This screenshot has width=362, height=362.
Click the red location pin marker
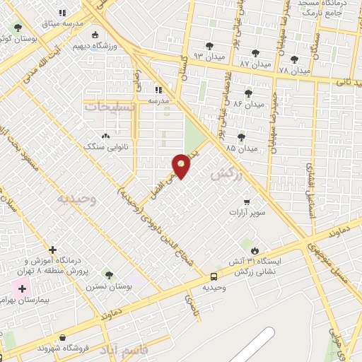click(x=182, y=166)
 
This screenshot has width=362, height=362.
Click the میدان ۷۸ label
click(x=294, y=71)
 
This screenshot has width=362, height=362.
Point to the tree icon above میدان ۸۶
click(x=248, y=92)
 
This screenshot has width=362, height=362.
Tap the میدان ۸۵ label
click(x=240, y=148)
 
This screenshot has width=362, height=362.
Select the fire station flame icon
click(x=255, y=251)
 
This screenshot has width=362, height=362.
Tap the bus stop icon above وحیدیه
click(x=214, y=276)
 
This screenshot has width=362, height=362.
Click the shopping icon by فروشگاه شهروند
click(x=64, y=338)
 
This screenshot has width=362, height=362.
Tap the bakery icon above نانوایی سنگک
click(x=106, y=135)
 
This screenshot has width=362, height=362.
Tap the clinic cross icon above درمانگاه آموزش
click(x=53, y=250)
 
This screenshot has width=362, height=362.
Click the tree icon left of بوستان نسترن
click(x=107, y=275)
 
